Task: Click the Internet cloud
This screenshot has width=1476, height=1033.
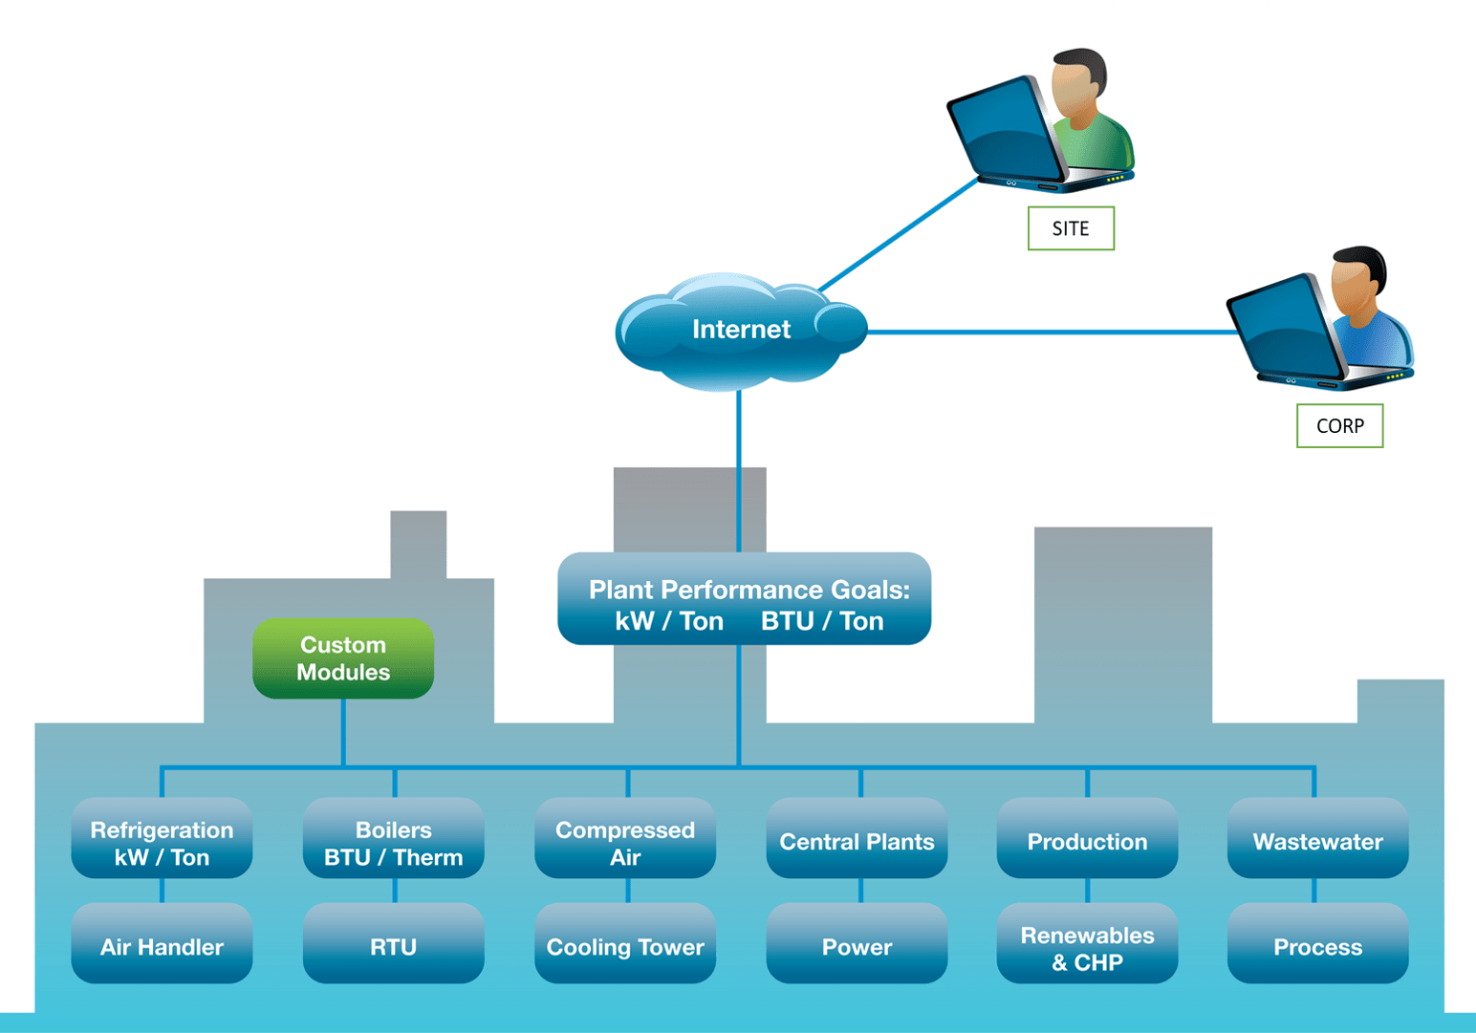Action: (741, 331)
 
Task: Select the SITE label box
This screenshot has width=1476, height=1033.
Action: (1071, 228)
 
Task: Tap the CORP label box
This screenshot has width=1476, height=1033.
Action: (1339, 426)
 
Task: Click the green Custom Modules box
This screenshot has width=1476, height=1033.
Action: (343, 658)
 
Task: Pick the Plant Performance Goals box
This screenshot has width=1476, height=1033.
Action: (744, 599)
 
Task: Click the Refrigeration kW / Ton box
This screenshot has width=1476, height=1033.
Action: (162, 838)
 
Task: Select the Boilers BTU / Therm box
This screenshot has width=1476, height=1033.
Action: (393, 838)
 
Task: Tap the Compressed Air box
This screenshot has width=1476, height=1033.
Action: (625, 838)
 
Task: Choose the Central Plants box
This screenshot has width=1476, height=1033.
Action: (857, 838)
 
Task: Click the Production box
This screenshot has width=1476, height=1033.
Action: (1087, 838)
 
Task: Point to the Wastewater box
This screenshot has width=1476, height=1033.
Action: (1317, 838)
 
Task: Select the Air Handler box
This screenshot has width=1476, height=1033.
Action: (162, 943)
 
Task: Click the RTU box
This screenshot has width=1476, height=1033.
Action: (393, 943)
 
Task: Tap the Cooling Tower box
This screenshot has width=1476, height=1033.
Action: (625, 943)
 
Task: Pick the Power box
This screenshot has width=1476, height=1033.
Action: (857, 943)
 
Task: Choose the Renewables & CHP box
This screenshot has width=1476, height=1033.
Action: (1087, 943)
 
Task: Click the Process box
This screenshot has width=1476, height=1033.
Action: (1317, 943)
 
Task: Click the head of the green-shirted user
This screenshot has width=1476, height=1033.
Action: (1078, 81)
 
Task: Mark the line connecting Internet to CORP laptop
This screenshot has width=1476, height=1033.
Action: (1052, 333)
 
